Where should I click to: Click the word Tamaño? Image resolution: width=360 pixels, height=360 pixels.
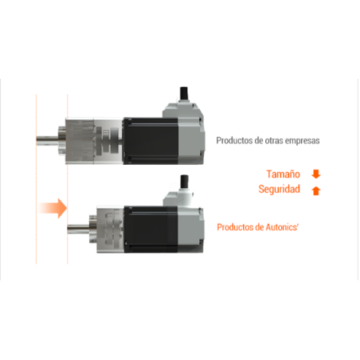click(x=284, y=174)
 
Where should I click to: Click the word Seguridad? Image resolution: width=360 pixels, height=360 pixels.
click(x=280, y=190)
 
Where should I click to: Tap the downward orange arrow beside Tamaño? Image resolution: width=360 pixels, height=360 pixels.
click(x=316, y=174)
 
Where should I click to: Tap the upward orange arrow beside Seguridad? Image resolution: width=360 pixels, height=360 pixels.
click(x=316, y=190)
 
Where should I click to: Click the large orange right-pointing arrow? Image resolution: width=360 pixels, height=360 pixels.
click(x=53, y=208)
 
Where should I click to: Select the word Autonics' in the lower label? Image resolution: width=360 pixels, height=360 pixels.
click(x=282, y=227)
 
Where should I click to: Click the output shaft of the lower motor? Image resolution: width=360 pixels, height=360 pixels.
click(x=78, y=229)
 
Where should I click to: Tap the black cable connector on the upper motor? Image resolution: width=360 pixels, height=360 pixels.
click(x=184, y=93)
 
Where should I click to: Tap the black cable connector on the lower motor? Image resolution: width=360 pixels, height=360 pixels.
click(x=184, y=182)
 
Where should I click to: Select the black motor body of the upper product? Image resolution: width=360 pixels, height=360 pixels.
click(x=151, y=141)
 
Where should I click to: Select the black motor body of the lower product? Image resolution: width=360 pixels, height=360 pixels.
click(x=151, y=229)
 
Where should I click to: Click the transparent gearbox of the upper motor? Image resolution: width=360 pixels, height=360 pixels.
click(x=94, y=141)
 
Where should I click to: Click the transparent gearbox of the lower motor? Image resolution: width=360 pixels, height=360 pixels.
click(x=110, y=229)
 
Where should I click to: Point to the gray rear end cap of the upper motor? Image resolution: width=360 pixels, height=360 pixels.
click(x=190, y=141)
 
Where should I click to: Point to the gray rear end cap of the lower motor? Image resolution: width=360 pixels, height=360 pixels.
click(x=190, y=229)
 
